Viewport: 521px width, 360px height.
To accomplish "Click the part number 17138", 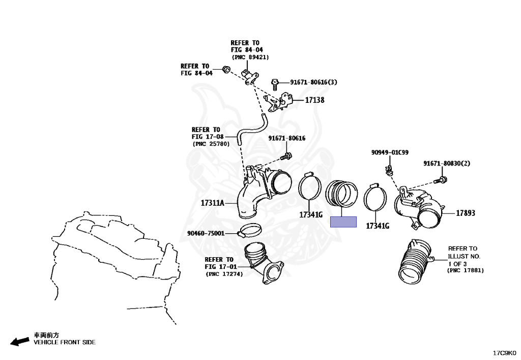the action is [x=314, y=100].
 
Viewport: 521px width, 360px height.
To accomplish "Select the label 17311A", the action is [x=212, y=203].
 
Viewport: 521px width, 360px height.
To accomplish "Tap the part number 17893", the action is [x=466, y=213].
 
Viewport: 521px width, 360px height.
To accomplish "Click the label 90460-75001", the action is [x=206, y=233].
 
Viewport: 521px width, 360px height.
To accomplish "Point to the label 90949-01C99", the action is [x=390, y=153].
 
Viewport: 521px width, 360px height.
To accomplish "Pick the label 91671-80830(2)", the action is [x=447, y=163].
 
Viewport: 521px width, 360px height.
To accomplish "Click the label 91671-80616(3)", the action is [x=313, y=82].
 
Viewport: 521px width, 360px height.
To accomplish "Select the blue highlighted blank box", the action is [x=343, y=221].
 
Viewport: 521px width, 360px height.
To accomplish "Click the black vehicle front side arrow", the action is [x=20, y=341].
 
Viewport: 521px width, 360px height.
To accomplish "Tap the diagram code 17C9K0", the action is [x=504, y=353].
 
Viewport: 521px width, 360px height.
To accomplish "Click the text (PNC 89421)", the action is [x=250, y=57].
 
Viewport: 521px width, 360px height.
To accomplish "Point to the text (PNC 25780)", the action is [x=211, y=144].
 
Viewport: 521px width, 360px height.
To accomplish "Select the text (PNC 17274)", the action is [x=224, y=274].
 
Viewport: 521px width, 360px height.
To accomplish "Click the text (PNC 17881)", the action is [x=465, y=270].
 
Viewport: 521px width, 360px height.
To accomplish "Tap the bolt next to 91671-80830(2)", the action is [x=440, y=180].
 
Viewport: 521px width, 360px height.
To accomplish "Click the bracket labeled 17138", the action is [x=278, y=101].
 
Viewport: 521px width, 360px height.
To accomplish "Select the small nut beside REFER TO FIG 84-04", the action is [x=226, y=69].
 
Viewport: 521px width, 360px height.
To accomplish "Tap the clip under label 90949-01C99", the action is [x=388, y=170].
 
